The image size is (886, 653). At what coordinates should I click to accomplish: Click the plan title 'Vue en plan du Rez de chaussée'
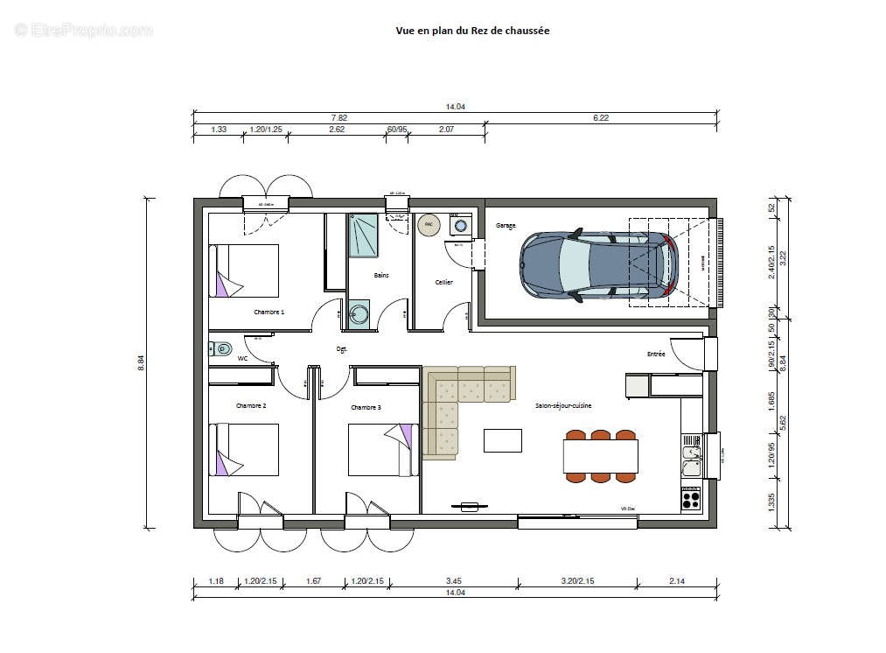(472, 31)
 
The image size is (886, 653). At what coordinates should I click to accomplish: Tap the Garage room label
(506, 226)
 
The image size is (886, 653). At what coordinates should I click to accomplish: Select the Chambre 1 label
(269, 312)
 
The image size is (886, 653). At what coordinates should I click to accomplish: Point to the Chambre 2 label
(251, 406)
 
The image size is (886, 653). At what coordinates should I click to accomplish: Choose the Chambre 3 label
(366, 407)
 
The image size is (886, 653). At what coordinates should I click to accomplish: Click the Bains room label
(381, 275)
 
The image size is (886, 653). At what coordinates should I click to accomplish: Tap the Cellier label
(443, 282)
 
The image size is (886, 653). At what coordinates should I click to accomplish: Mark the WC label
(242, 358)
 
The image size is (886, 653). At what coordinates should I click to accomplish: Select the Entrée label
(656, 355)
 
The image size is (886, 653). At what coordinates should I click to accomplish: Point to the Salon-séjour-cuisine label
(563, 406)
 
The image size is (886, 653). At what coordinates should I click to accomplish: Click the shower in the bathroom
(363, 235)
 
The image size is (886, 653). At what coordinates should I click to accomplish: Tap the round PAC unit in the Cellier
(429, 225)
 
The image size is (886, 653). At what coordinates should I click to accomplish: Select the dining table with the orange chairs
(600, 456)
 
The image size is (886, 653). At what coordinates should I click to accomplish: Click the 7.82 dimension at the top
(338, 117)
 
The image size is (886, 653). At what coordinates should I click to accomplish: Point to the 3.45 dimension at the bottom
(453, 580)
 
